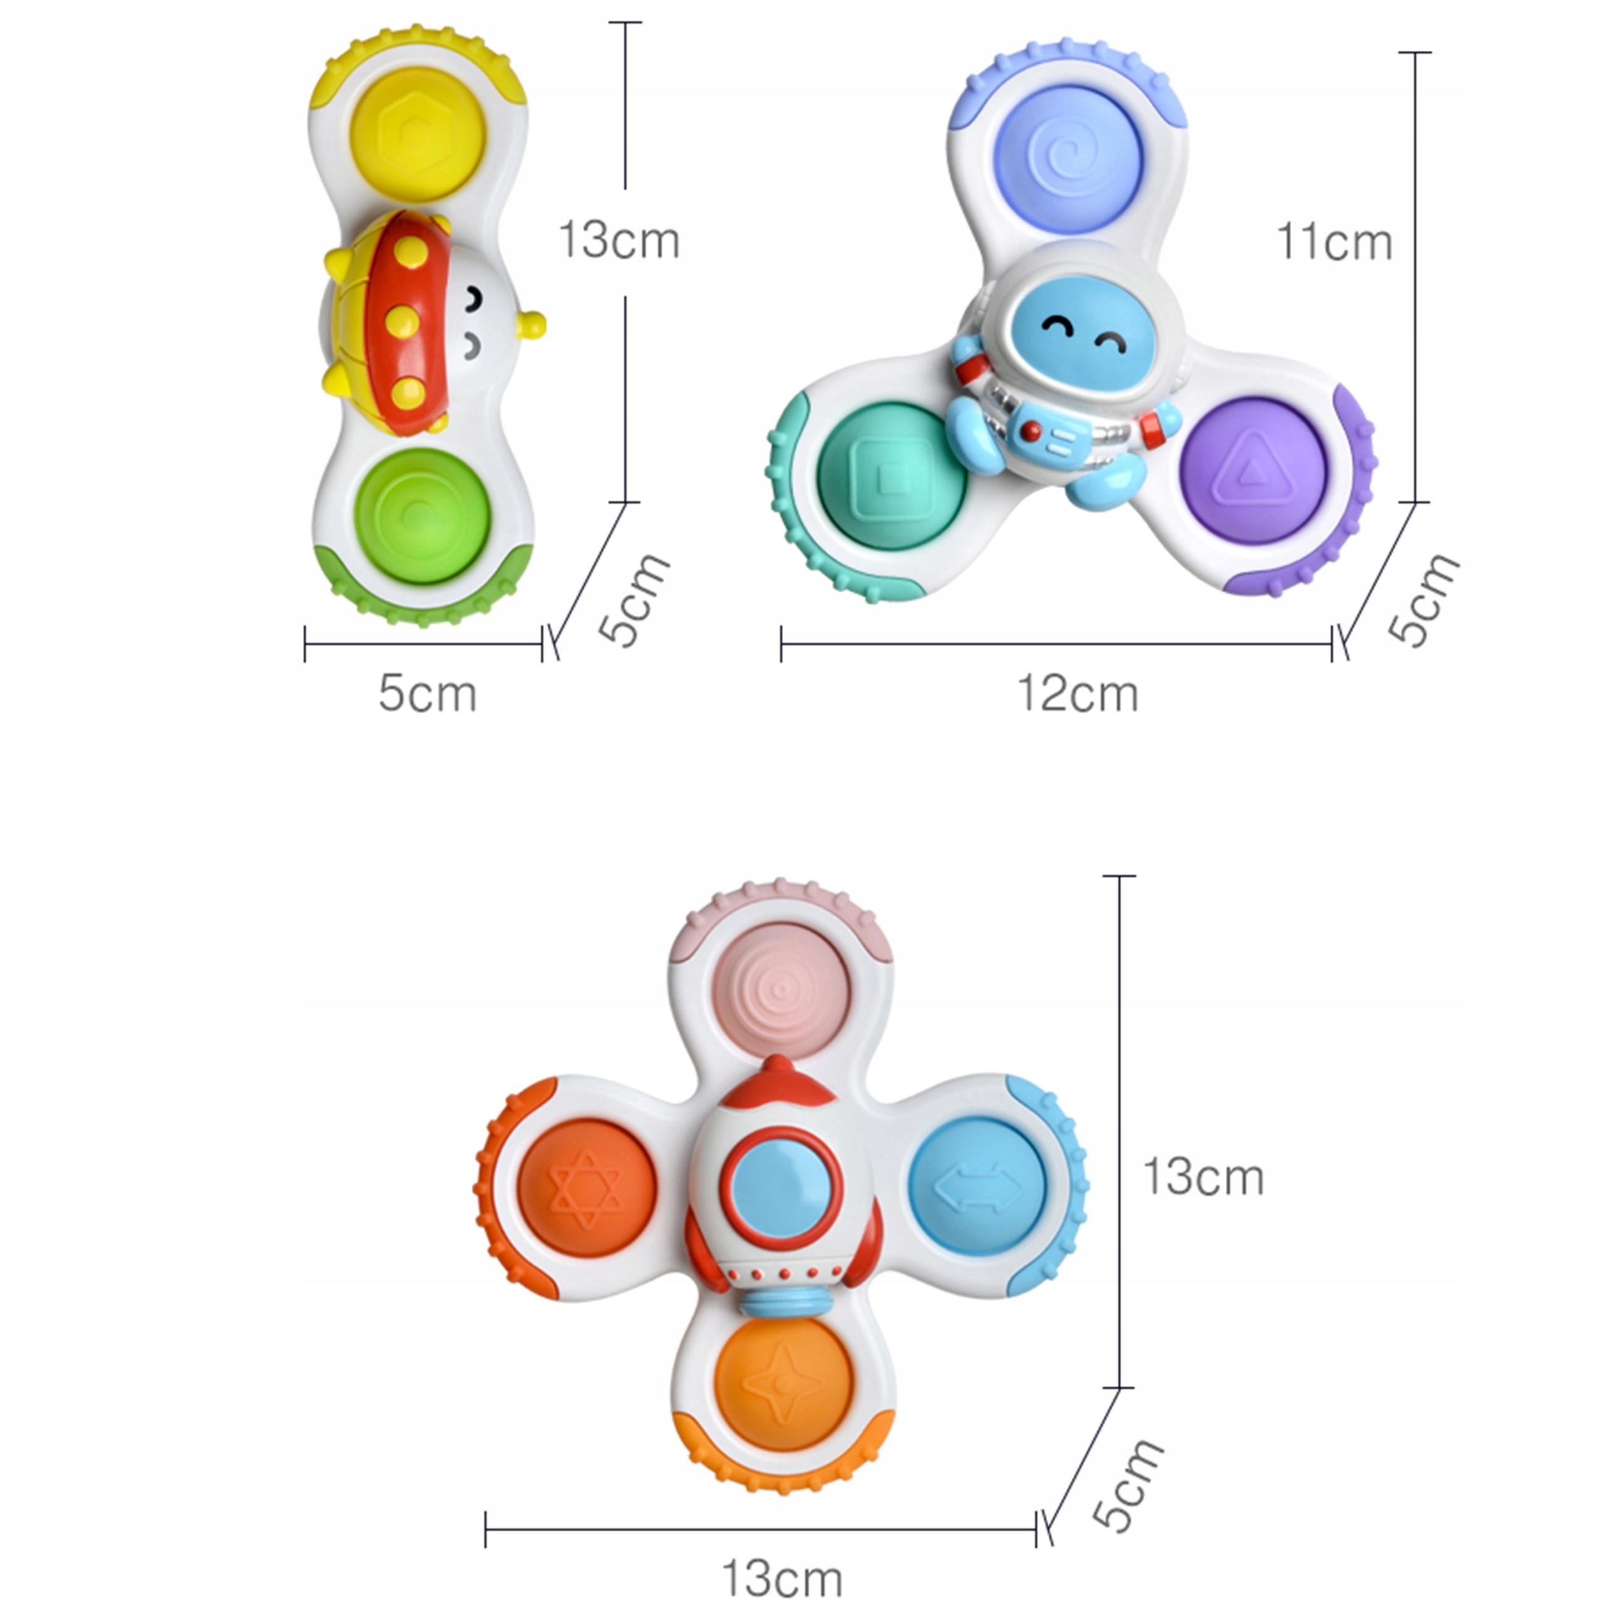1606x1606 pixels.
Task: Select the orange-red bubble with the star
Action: (x=588, y=1189)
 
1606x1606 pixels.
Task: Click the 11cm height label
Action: (x=1333, y=243)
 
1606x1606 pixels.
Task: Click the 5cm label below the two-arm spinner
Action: (x=427, y=694)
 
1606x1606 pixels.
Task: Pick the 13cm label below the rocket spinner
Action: (x=782, y=1578)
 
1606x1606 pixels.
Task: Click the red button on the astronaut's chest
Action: (x=1031, y=430)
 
